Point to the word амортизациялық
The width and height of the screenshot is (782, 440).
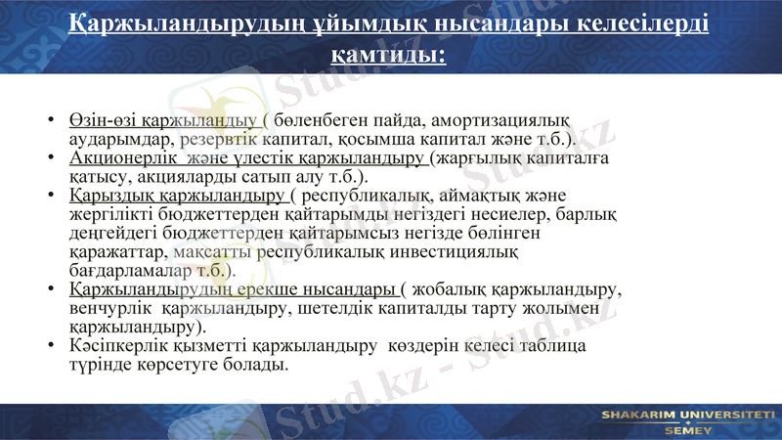pos(499,120)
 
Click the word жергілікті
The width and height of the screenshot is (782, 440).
pos(111,214)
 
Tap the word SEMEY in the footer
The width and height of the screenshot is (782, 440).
pos(687,429)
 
